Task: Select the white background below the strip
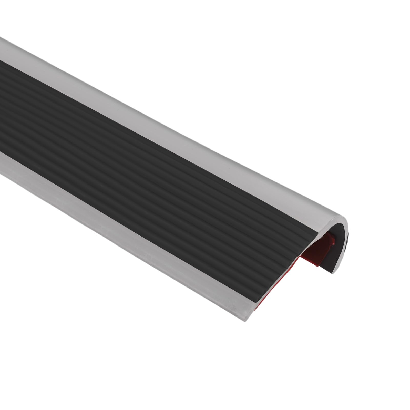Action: pos(128,346)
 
